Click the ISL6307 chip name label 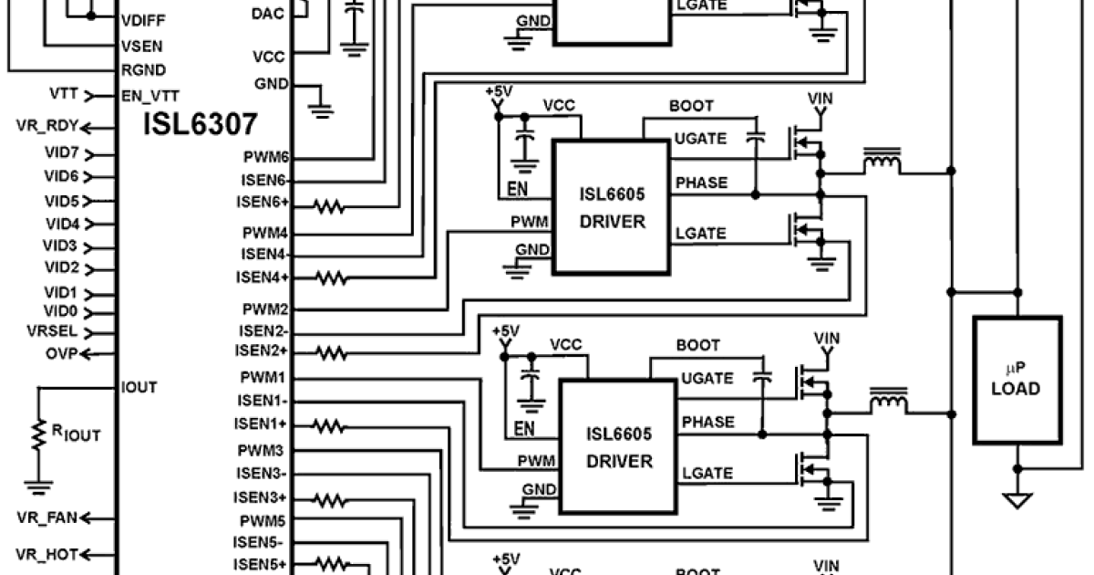point(200,124)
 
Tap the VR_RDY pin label point(47,127)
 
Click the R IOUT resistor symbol point(39,434)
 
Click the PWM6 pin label point(266,157)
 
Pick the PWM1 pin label point(264,377)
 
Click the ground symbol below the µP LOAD point(1017,500)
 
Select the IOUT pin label point(139,387)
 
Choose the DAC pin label point(267,13)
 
